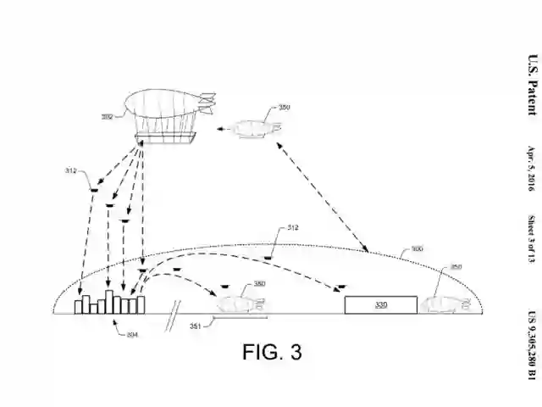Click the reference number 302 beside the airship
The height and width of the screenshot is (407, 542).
107,117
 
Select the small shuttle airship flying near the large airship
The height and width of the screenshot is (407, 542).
255,130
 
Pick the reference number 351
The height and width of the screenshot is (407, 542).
195,326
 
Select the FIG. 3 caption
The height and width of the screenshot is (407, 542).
272,351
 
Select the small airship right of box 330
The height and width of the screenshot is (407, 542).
445,303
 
